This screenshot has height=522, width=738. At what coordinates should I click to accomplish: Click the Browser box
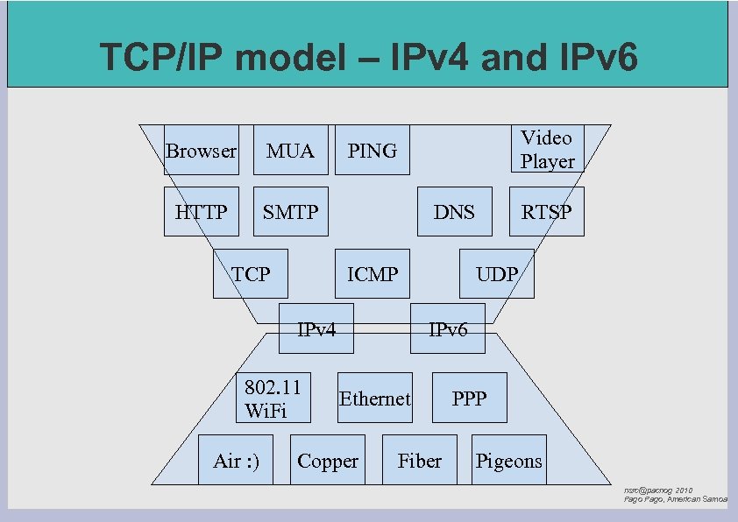pos(201,150)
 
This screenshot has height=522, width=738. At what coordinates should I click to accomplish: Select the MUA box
pos(290,150)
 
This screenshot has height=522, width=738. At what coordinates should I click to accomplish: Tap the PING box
pos(373,150)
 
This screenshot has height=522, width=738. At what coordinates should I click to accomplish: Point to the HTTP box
pos(201,212)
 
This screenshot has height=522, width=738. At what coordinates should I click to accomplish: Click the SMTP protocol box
pos(290,212)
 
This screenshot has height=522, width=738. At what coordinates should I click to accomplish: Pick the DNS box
pos(454,212)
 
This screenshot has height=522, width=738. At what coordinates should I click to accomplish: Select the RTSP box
pos(546,212)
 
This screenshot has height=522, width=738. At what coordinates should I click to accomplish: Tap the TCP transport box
pos(251,274)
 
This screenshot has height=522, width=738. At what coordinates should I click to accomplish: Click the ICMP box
pos(373,274)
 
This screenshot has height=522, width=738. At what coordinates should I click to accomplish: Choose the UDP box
pos(496,274)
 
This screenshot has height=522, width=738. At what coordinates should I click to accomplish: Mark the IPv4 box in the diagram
pos(316,328)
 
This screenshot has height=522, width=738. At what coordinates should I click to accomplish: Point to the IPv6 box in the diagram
pos(447,328)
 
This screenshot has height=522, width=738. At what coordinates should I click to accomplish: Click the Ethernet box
pos(374,399)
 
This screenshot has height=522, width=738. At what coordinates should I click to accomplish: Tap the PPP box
pos(469,399)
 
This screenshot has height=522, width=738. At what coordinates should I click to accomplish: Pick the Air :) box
pos(236,460)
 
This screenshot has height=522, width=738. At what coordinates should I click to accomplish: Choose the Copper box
pos(327,460)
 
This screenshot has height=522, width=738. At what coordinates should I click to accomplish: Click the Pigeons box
pos(508,460)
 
